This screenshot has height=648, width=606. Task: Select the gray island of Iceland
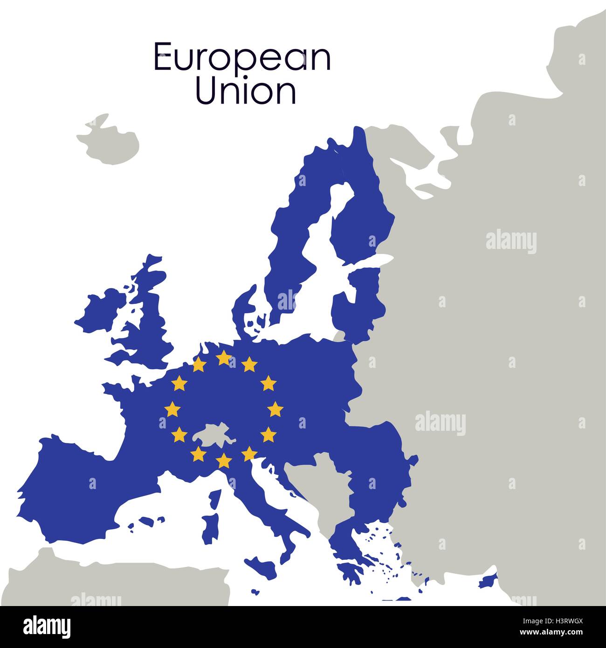click(x=109, y=140)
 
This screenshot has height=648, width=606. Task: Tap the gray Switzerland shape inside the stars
click(x=212, y=434)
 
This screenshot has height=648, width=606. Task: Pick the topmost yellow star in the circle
click(x=224, y=358)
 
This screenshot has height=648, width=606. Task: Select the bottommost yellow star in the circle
click(x=224, y=461)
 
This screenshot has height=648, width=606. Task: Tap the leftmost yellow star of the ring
click(x=172, y=409)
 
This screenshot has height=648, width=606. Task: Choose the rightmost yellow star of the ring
click(x=275, y=409)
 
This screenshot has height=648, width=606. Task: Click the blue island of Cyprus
click(x=487, y=580)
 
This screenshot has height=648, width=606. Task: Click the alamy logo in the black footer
click(x=47, y=627)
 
